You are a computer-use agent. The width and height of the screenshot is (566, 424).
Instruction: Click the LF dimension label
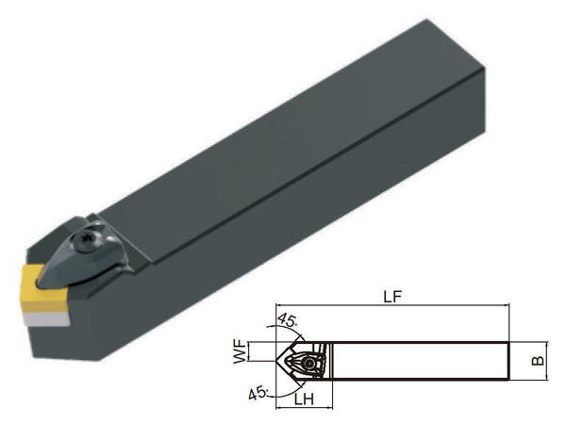click(x=392, y=297)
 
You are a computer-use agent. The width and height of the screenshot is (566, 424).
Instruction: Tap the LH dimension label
click(x=304, y=400)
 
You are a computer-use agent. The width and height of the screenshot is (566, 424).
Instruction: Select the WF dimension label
click(x=240, y=351)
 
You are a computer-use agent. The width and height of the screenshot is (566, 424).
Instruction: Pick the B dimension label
click(x=539, y=361)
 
